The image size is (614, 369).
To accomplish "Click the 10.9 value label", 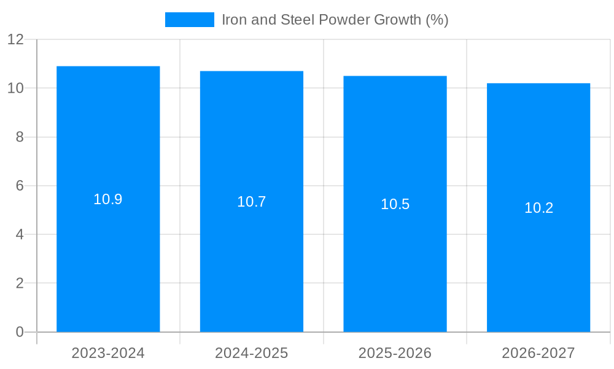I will tap(108, 199).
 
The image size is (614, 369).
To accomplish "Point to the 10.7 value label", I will tap(252, 202).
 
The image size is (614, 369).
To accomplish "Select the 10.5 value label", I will tap(395, 204).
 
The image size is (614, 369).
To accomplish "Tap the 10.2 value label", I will tap(538, 208).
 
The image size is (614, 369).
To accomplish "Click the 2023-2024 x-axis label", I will tap(108, 353).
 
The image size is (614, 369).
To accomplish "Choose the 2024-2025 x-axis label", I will tap(252, 353).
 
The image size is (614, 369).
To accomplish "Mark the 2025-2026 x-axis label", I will tap(395, 353).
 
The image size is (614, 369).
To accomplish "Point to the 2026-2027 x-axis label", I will tap(538, 353).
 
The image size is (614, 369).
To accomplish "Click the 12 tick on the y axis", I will tap(15, 40).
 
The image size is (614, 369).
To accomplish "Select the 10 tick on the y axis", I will tap(15, 89).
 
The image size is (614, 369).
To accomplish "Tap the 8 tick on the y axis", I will tap(20, 137).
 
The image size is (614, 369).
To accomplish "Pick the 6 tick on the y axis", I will tap(20, 186).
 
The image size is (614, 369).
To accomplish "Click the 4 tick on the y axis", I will tap(20, 235).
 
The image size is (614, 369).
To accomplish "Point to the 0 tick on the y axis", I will tap(20, 332).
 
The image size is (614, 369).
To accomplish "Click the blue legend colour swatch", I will tap(190, 20).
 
